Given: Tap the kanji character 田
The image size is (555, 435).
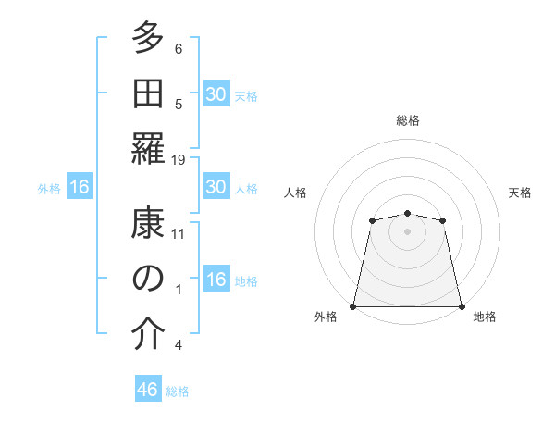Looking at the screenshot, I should point(148,93).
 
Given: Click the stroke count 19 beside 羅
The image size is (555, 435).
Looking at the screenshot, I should point(179,160).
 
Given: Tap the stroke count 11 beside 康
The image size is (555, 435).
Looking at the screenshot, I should point(179,234).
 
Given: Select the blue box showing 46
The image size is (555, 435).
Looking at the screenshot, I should point(148,390).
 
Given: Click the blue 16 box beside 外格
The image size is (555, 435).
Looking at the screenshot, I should point(80,188).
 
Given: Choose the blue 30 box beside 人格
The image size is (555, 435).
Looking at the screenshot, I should point(216,188).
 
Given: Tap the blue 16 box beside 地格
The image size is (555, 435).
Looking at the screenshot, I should point(216,280).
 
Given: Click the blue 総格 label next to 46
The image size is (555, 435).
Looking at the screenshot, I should point(178,391).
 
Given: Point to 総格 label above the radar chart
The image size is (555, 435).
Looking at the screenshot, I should point(408,120).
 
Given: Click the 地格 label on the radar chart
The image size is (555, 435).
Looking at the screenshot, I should point(485,317).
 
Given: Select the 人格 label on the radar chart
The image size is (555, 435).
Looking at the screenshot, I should point(296,193).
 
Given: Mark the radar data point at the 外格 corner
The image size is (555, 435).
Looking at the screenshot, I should point(353,306).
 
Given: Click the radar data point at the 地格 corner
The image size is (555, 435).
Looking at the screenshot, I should point(462,306).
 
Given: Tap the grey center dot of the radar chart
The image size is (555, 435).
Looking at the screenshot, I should point(407,230).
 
